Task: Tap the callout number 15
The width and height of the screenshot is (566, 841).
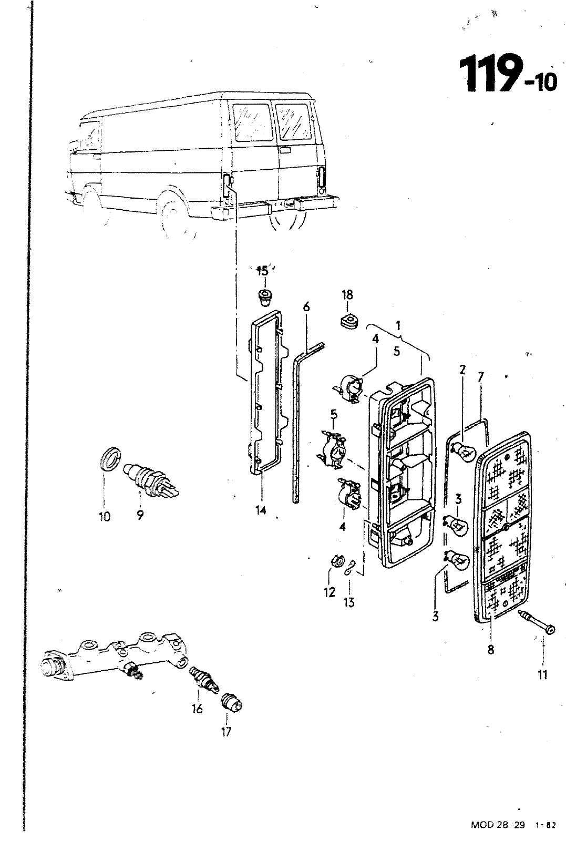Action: pos(262,271)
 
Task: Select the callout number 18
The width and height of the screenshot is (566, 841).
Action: pos(347,295)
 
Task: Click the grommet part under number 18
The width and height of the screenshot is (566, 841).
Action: pos(349,321)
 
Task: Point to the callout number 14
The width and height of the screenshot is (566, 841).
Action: pos(261,510)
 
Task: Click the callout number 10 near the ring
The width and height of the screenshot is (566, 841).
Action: pos(105,517)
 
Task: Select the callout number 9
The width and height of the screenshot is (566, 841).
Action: pos(140,515)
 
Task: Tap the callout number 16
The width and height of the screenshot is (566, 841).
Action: pos(197,709)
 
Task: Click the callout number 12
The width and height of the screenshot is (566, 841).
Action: pos(329,592)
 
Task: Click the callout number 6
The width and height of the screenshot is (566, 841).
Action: pos(306,307)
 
